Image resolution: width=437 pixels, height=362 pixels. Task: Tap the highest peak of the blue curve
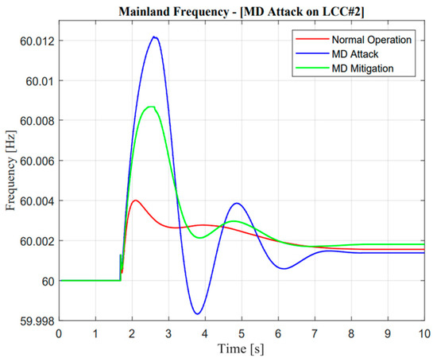154,37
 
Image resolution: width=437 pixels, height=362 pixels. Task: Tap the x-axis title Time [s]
242,348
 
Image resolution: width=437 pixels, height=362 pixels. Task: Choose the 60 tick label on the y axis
46,281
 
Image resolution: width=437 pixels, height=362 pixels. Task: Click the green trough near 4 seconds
202,238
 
